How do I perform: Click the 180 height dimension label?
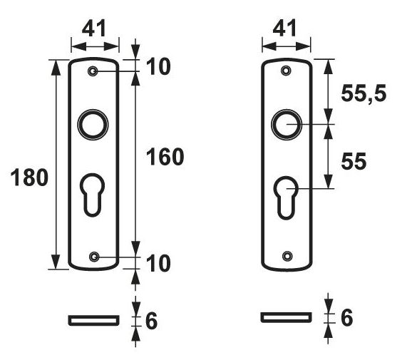[29, 178]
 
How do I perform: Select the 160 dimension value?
[165, 157]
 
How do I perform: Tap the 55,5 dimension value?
[364, 94]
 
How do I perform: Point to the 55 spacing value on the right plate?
[354, 161]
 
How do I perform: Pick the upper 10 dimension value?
[158, 66]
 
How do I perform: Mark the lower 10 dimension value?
[158, 263]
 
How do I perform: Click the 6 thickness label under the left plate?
[151, 321]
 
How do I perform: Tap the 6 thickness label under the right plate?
[347, 317]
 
